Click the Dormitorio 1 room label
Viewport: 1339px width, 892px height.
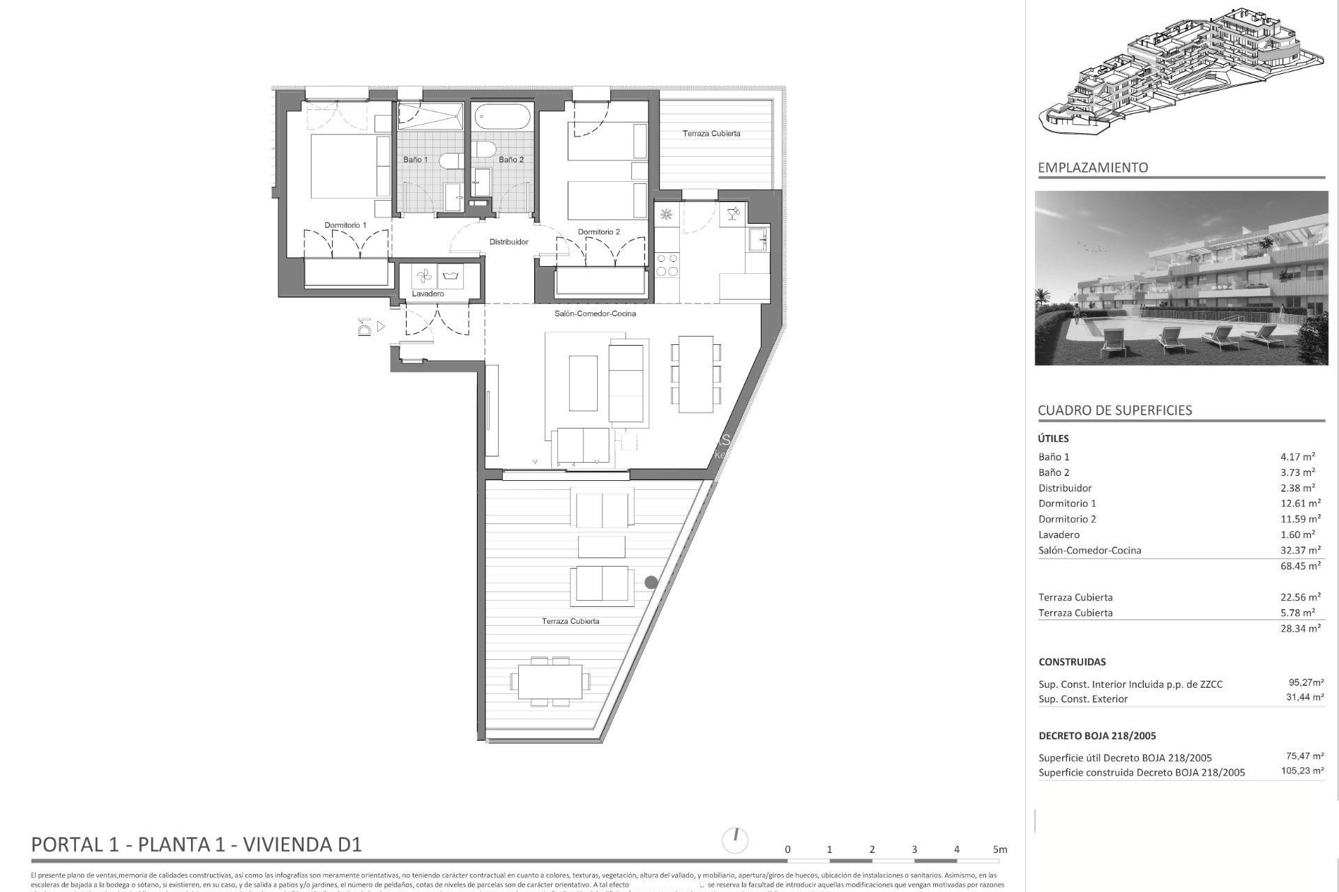(345, 225)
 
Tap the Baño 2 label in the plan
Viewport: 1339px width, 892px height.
(510, 160)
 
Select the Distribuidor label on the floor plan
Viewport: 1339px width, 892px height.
(508, 242)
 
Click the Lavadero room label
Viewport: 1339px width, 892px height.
(428, 293)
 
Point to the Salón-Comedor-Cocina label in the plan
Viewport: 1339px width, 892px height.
(595, 314)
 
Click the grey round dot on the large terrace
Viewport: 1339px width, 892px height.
(651, 582)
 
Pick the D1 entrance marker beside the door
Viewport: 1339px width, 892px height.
(364, 326)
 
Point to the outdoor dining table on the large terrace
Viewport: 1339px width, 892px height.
(550, 681)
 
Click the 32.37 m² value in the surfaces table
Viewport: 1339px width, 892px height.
(1300, 550)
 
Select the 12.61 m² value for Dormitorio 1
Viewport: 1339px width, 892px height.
(1300, 503)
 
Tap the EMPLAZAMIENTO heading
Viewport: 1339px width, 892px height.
(1092, 167)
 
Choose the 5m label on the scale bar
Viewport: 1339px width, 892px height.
(999, 849)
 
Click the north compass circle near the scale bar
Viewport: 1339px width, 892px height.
(736, 840)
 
